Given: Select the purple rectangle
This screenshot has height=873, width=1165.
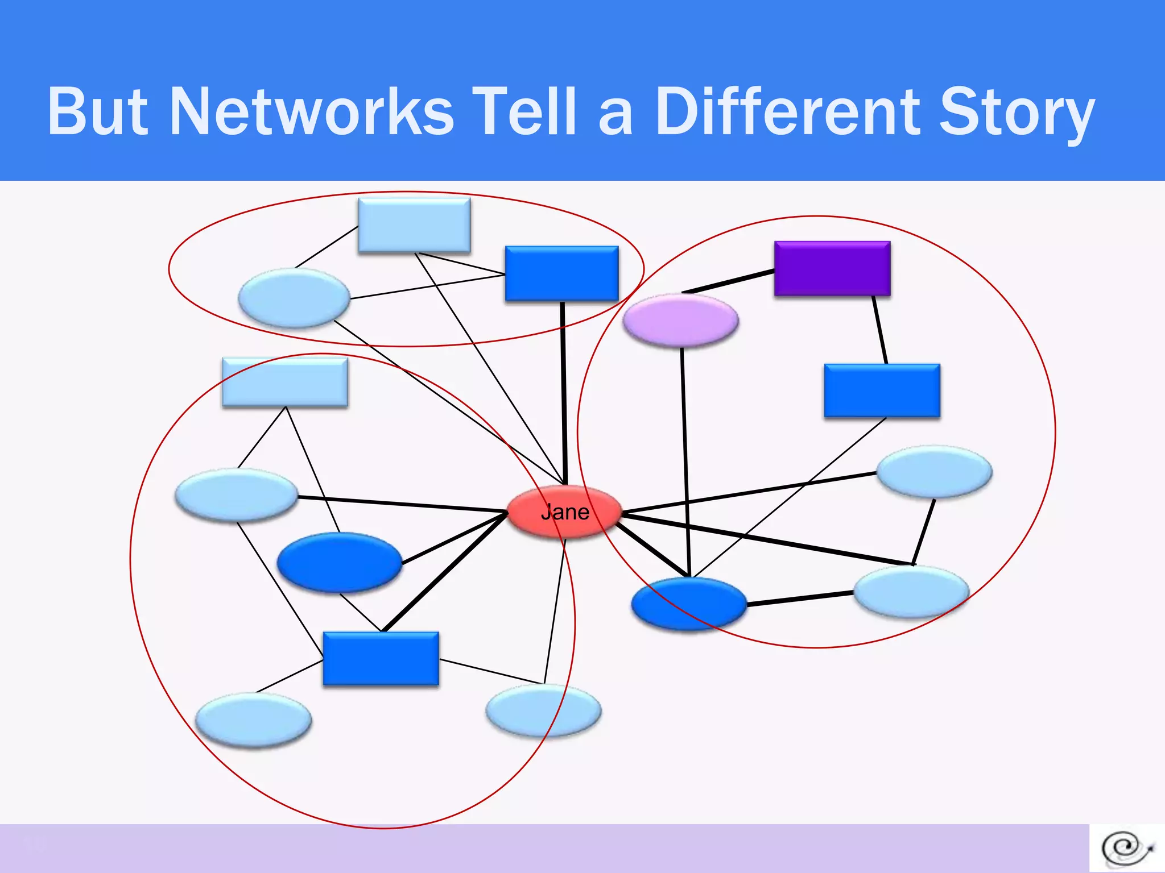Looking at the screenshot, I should [832, 268].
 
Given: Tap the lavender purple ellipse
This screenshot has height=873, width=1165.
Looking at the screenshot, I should [681, 320].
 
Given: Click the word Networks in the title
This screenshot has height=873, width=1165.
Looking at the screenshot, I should [312, 111].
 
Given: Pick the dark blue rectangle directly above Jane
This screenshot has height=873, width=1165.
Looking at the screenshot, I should [561, 273].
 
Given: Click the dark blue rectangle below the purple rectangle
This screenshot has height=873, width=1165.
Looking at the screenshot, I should [882, 390].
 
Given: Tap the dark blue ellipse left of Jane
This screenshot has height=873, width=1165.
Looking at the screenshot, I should [339, 562].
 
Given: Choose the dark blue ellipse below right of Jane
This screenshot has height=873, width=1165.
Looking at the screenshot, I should [689, 604].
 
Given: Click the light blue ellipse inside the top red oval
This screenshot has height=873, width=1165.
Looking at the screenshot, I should [294, 298].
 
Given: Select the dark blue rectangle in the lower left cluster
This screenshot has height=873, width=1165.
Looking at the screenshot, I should [381, 659].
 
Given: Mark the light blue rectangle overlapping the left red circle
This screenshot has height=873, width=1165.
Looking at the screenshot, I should [285, 382].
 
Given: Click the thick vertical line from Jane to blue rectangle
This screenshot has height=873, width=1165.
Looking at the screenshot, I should [564, 392].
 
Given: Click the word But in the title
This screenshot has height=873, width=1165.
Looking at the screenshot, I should [98, 111].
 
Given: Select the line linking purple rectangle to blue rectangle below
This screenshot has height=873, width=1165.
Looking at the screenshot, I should [880, 330].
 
